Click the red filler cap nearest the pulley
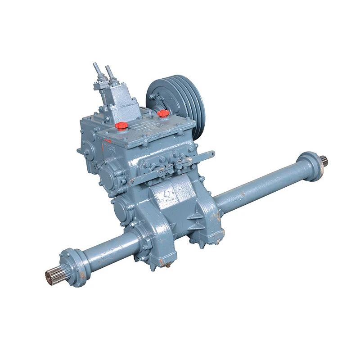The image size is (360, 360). tap(163, 113)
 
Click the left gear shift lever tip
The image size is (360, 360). tap(95, 66)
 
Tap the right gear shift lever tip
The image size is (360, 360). tap(108, 68)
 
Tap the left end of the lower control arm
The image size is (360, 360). tap(133, 181)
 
